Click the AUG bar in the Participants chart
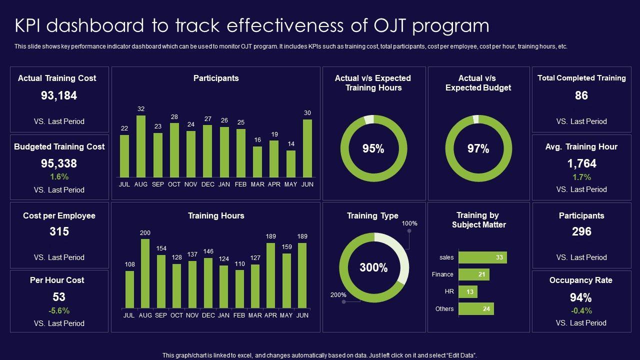(x=141, y=146)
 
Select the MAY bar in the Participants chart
(x=291, y=163)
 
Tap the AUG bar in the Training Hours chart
(x=145, y=273)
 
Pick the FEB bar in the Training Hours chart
(x=239, y=288)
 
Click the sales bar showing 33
(x=482, y=257)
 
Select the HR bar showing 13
(x=468, y=291)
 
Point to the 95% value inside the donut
(x=373, y=149)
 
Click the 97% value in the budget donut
(x=478, y=149)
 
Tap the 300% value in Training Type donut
(x=374, y=267)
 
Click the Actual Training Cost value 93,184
(x=59, y=95)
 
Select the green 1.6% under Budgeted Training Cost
(x=59, y=176)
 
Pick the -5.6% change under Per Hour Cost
(x=59, y=310)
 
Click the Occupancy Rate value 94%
(x=580, y=297)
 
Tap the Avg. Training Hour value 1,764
(x=581, y=163)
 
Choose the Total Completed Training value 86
(x=581, y=95)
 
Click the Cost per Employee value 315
(x=59, y=231)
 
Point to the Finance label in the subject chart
(x=442, y=274)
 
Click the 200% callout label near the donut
(x=338, y=295)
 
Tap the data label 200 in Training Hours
(x=145, y=233)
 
